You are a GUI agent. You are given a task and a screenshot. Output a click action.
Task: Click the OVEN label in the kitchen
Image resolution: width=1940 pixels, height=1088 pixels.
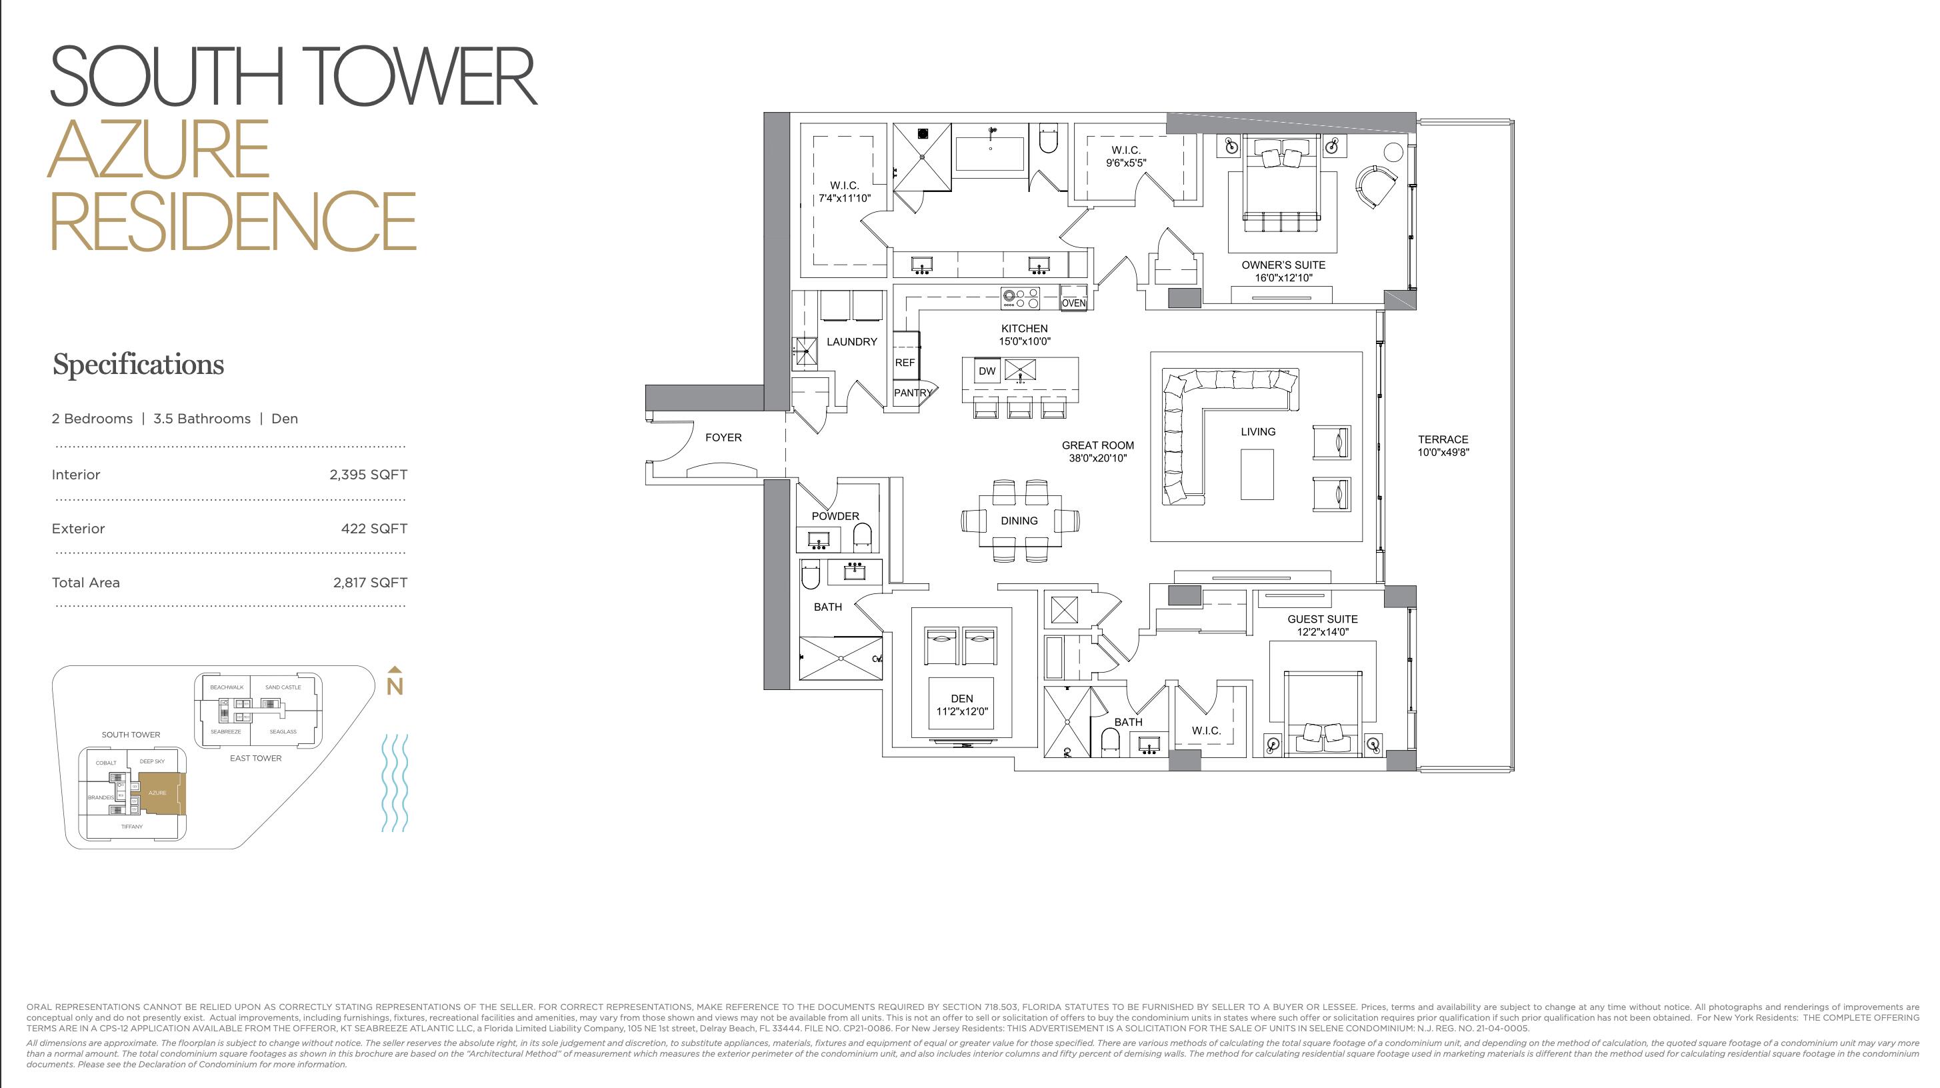[x=1073, y=303]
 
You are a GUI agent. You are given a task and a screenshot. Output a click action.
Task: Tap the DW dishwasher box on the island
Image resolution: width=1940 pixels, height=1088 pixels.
[x=987, y=371]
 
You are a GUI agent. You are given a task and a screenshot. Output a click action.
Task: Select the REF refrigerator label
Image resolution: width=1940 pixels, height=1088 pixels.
[x=905, y=363]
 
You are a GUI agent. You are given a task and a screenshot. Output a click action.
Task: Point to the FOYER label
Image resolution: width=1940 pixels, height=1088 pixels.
[x=723, y=437]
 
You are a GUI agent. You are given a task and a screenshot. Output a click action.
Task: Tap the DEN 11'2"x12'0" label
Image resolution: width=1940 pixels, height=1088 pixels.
[x=962, y=705]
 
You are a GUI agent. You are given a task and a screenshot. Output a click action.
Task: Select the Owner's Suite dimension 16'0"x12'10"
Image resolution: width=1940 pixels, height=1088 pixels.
[x=1283, y=278]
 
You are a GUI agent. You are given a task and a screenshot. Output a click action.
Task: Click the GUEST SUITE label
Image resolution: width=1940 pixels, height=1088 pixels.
[x=1322, y=619]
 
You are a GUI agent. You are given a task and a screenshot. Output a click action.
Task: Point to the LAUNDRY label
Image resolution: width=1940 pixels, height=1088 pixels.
[x=852, y=342]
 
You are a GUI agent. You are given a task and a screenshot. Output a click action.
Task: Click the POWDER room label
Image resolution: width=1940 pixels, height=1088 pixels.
[x=835, y=517]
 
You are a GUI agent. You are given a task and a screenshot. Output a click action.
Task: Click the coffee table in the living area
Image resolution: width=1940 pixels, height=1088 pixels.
[x=1257, y=475]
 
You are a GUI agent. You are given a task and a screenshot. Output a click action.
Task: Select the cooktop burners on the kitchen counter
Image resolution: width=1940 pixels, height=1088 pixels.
[x=1021, y=299]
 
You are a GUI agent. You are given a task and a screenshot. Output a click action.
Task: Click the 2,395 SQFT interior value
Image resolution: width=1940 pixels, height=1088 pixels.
[x=368, y=475]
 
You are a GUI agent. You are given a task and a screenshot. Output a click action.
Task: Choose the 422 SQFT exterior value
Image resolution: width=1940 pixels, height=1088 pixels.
[x=373, y=529]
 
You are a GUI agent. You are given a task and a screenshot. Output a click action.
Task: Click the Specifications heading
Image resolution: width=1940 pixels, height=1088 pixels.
[x=138, y=365]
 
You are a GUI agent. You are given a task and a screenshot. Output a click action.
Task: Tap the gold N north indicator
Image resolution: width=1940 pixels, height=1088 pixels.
[x=395, y=685]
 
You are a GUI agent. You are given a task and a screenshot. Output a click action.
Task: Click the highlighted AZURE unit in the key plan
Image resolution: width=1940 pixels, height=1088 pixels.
[x=159, y=793]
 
